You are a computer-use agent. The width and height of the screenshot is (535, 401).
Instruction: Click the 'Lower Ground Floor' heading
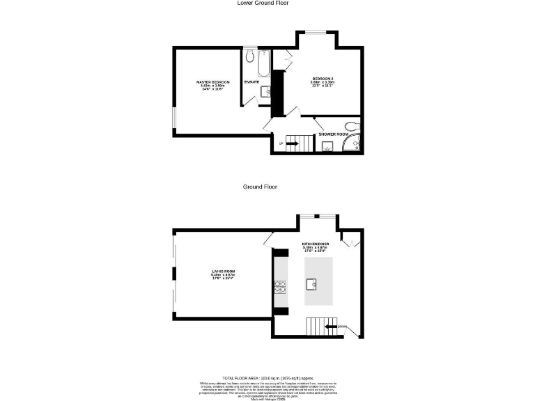(x=263, y=3)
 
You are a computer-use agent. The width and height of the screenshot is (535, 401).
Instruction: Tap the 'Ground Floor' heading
(x=261, y=187)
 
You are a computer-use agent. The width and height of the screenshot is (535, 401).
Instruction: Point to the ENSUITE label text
(x=251, y=82)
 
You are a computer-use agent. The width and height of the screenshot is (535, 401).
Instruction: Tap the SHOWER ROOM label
(x=333, y=134)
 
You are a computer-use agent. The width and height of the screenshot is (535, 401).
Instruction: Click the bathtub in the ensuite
(x=264, y=64)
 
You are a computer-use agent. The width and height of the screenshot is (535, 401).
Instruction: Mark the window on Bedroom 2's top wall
(x=317, y=33)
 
